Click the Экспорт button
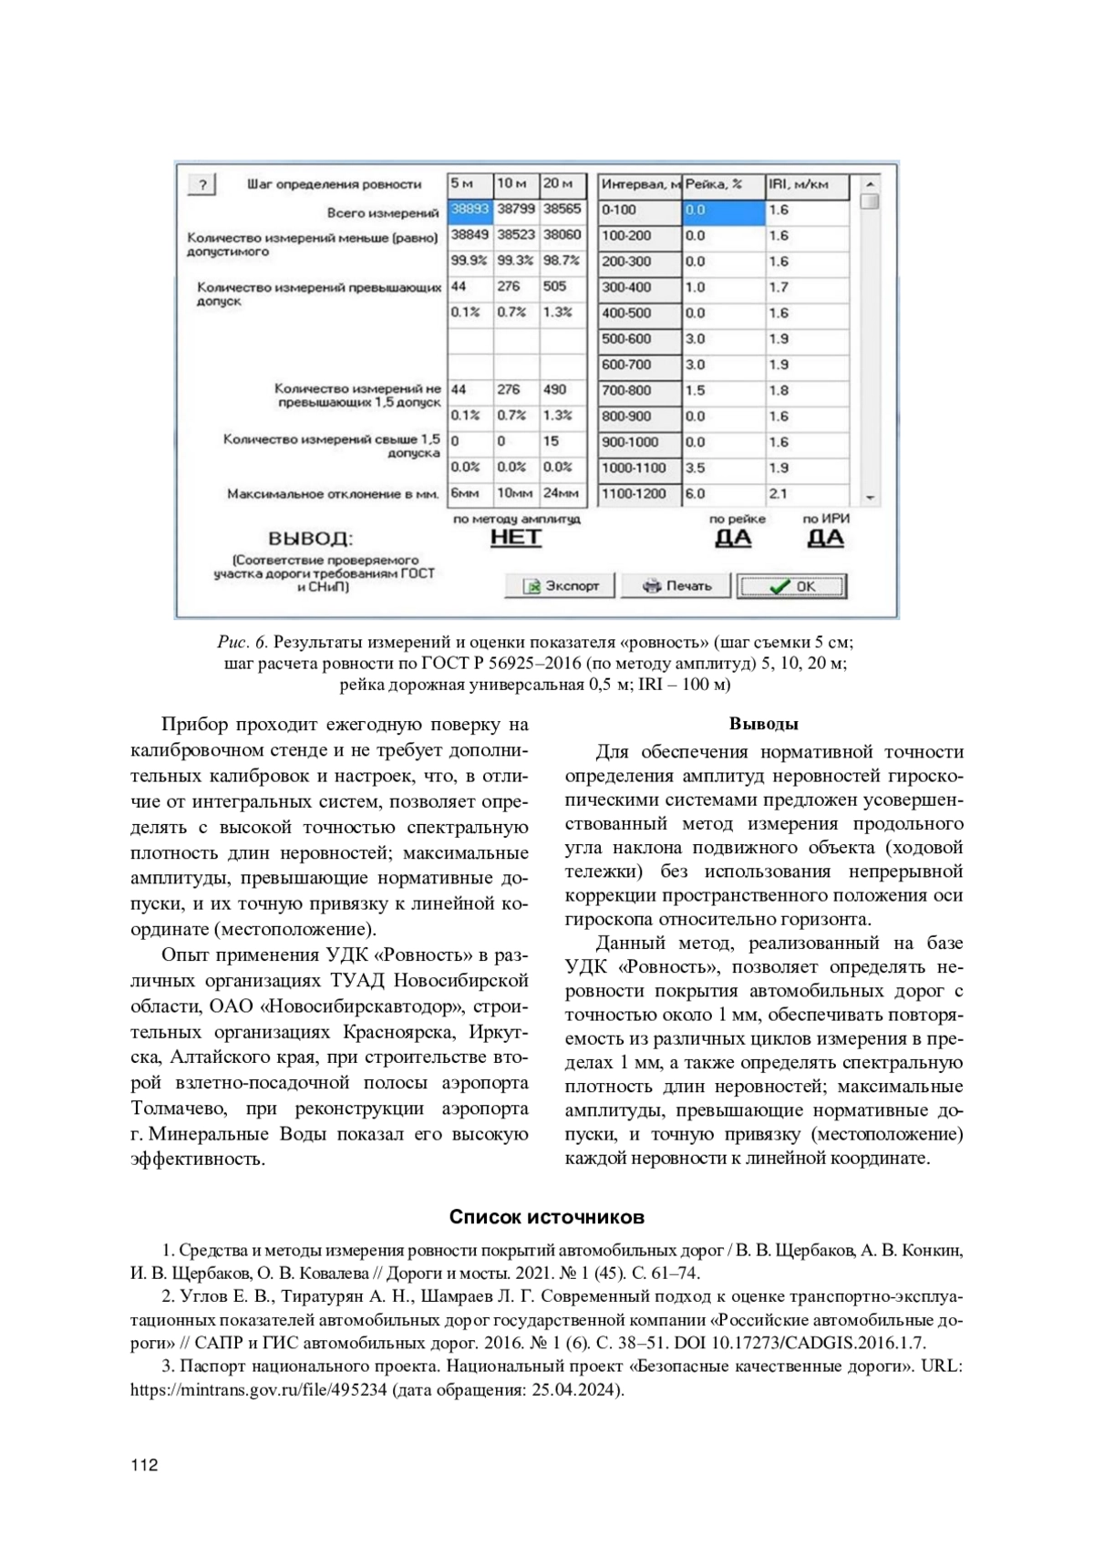tap(560, 585)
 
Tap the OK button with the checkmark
tap(791, 586)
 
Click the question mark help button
tap(201, 185)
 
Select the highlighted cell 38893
tap(470, 210)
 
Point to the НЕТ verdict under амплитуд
tap(516, 537)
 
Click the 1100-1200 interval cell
tap(638, 494)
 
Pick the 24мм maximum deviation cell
tap(562, 494)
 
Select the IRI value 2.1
tap(808, 494)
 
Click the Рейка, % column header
tap(723, 185)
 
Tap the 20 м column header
tap(562, 184)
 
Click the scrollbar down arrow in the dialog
tap(870, 498)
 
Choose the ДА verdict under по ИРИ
tap(825, 538)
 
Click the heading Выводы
tap(764, 724)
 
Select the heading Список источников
tap(547, 1217)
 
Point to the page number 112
tap(144, 1465)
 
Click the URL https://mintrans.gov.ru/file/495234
tap(258, 1390)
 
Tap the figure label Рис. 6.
tap(243, 641)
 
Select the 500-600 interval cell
tap(638, 339)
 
